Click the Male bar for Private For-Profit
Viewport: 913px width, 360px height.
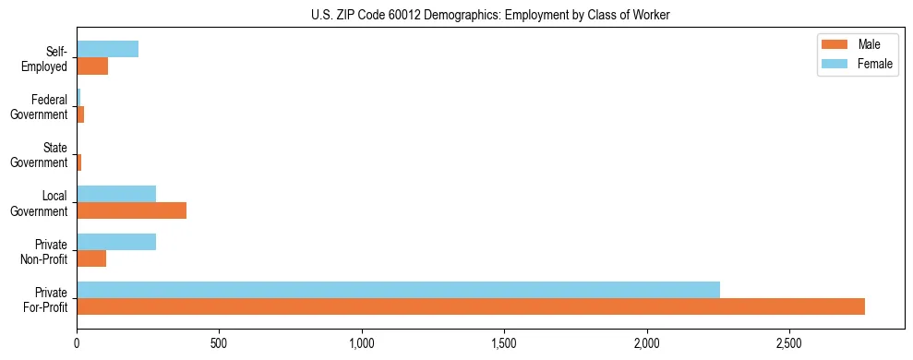pyautogui.click(x=471, y=306)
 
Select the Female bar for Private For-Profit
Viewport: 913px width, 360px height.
pyautogui.click(x=398, y=290)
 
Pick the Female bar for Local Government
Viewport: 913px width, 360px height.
pyautogui.click(x=116, y=194)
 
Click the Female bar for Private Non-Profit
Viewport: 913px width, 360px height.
pyautogui.click(x=116, y=242)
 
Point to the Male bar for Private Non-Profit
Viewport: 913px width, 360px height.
pyautogui.click(x=91, y=258)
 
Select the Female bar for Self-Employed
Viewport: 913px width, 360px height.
pyautogui.click(x=108, y=49)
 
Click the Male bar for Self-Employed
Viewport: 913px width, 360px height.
pyautogui.click(x=92, y=66)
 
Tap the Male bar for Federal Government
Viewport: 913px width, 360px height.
pyautogui.click(x=80, y=114)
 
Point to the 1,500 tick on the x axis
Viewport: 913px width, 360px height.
pyautogui.click(x=504, y=342)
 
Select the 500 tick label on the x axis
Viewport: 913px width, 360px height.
pyautogui.click(x=219, y=342)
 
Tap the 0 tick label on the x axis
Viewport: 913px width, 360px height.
pyautogui.click(x=77, y=342)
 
